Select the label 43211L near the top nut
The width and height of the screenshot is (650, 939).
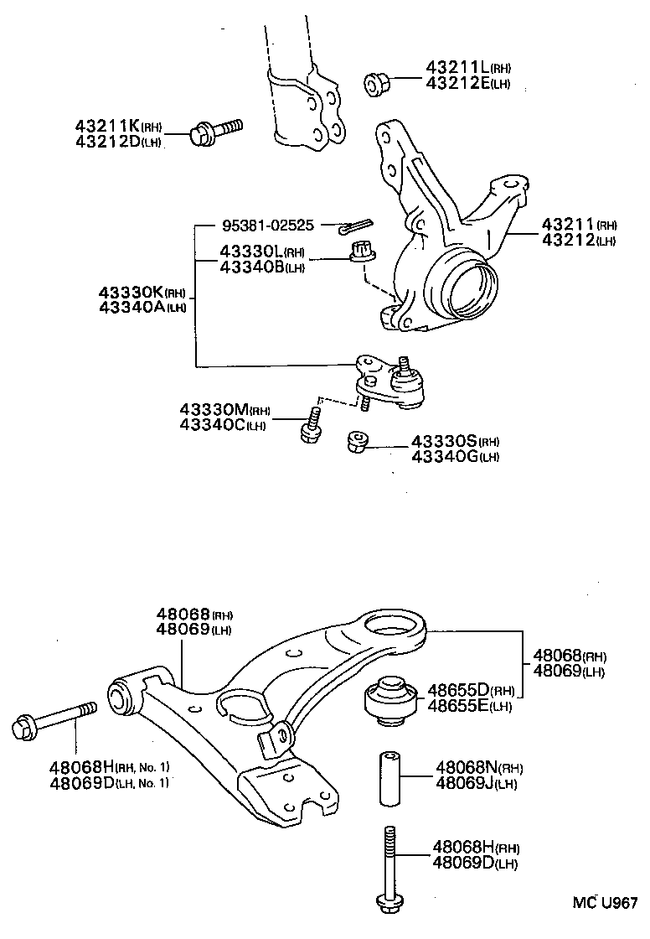click(457, 68)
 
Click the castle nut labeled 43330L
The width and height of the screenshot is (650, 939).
click(364, 251)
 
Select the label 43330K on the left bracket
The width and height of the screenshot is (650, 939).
click(131, 292)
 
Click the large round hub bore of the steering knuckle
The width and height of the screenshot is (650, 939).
click(461, 287)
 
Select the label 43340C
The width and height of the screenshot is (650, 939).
click(213, 425)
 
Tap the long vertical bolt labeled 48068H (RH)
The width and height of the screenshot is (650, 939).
click(389, 868)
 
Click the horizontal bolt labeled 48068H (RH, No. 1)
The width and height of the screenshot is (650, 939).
click(51, 721)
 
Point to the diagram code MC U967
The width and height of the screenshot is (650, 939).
click(605, 903)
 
